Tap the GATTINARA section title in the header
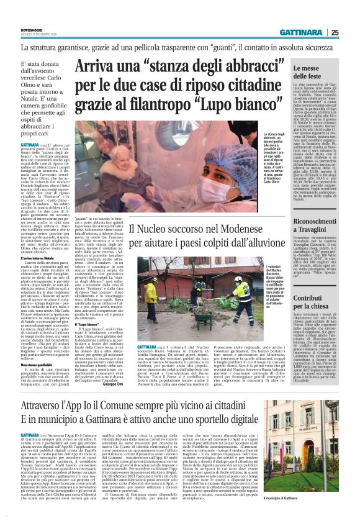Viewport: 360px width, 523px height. pos(301,32)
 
